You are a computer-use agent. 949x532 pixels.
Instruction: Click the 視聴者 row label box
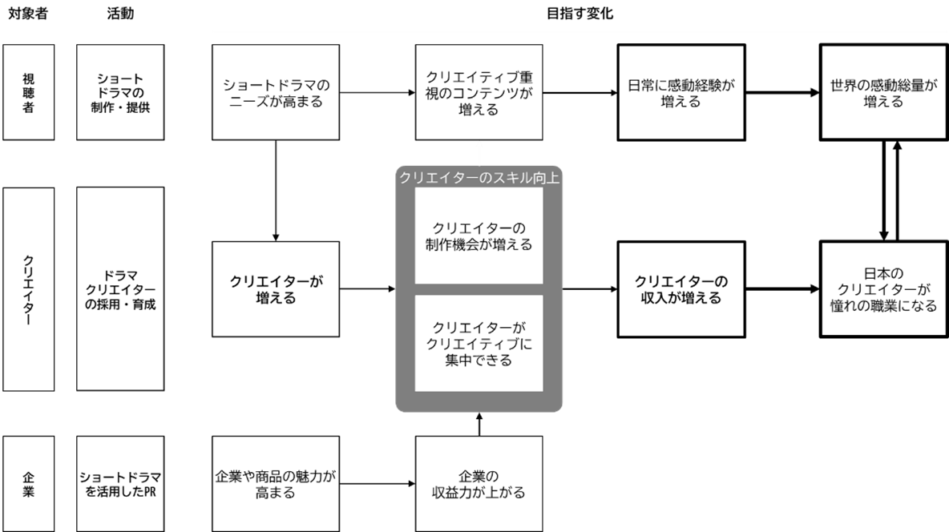pyautogui.click(x=28, y=92)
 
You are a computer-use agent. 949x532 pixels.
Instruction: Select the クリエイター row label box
pyautogui.click(x=28, y=289)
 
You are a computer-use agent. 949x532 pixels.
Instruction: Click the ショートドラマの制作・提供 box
pyautogui.click(x=120, y=92)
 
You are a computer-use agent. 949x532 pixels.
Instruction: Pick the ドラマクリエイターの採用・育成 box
pyautogui.click(x=120, y=289)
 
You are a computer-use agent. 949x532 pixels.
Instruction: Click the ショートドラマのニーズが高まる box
pyautogui.click(x=276, y=92)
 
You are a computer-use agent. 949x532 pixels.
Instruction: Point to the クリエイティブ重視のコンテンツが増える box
pyautogui.click(x=479, y=92)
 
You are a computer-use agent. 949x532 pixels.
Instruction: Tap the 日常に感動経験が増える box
pyautogui.click(x=681, y=92)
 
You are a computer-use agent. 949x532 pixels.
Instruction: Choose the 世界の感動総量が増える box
pyautogui.click(x=884, y=92)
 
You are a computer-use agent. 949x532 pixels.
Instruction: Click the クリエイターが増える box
pyautogui.click(x=276, y=289)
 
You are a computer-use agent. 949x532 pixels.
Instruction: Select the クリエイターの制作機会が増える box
pyautogui.click(x=479, y=237)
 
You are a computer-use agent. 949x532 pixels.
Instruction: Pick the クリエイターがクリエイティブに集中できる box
pyautogui.click(x=479, y=343)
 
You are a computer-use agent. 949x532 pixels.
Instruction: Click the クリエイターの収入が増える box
pyautogui.click(x=681, y=289)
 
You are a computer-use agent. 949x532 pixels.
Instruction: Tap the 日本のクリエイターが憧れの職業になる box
pyautogui.click(x=884, y=289)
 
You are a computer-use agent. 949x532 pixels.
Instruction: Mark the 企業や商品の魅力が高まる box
pyautogui.click(x=276, y=483)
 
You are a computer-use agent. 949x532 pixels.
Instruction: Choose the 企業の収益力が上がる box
pyautogui.click(x=479, y=483)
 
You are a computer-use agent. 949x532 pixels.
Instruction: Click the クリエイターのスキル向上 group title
pyautogui.click(x=479, y=178)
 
